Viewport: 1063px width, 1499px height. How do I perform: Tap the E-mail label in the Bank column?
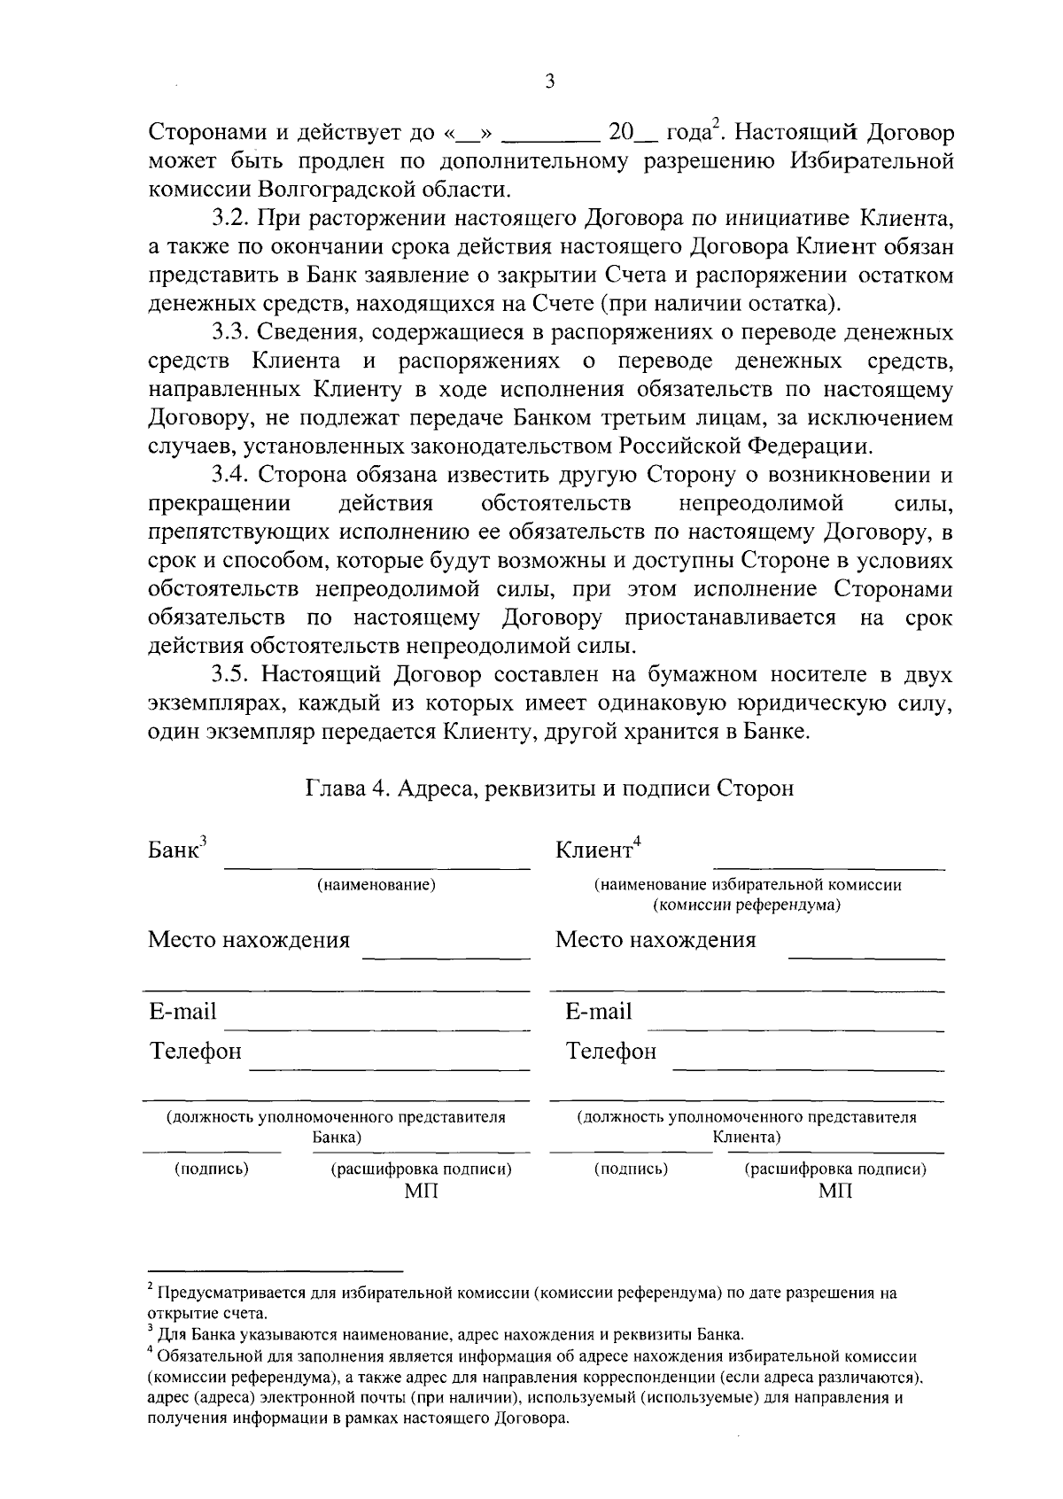point(182,1012)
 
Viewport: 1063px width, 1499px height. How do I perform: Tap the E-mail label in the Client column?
point(599,1012)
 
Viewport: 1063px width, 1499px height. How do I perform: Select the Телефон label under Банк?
point(195,1052)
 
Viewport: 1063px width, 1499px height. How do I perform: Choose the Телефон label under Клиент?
point(611,1052)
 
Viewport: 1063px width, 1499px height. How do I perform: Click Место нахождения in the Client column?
point(656,940)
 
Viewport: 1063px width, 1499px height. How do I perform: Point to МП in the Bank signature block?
point(421,1191)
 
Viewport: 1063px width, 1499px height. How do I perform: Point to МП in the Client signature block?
point(835,1191)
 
